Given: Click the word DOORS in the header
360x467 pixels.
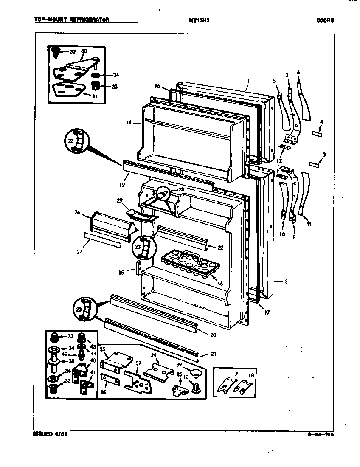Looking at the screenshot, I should (324, 20).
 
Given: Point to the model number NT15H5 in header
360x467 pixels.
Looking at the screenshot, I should (200, 20).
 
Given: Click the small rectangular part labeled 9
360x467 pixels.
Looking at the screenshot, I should (315, 164).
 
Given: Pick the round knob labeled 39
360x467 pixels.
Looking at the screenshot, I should (196, 373).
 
